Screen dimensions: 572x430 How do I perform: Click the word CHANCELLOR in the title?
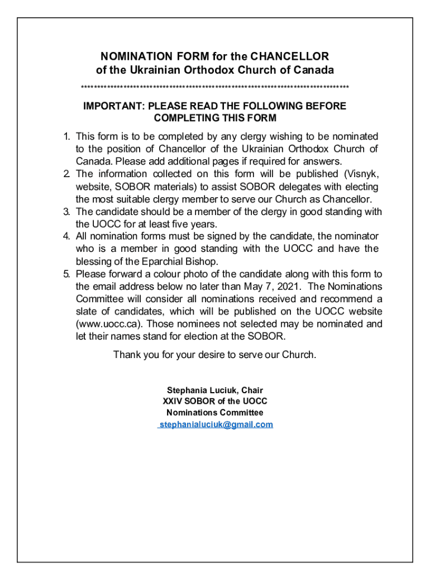click(x=290, y=56)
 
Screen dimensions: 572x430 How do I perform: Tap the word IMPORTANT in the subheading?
click(x=106, y=106)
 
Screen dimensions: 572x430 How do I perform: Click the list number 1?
click(x=66, y=136)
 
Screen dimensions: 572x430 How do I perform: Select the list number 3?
click(x=66, y=212)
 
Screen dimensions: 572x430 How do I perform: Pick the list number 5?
click(x=66, y=274)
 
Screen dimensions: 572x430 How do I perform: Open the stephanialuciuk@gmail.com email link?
click(x=216, y=425)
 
